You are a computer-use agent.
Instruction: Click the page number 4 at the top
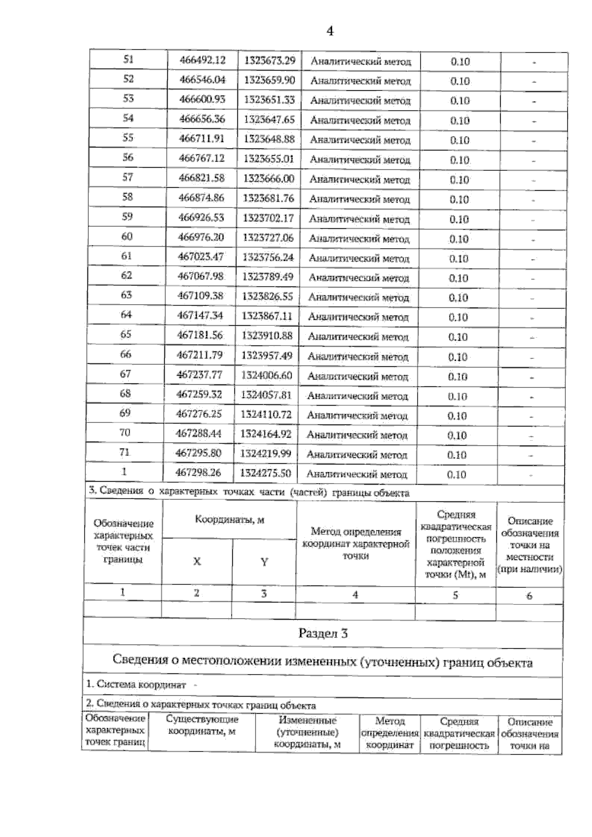pos(330,31)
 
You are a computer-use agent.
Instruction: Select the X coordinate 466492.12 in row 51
pos(202,60)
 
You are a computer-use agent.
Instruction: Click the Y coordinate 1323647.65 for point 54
pos(269,119)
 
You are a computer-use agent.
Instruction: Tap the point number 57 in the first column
pos(127,177)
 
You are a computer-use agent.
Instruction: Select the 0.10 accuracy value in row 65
pos(458,337)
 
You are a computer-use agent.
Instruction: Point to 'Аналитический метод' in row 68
pos(358,396)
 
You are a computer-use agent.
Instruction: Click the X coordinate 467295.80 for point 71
pos(198,453)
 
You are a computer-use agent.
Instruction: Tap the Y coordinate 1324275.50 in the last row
pos(265,473)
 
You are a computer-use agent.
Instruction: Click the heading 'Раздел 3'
pos(323,633)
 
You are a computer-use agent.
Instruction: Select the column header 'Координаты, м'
pos(229,520)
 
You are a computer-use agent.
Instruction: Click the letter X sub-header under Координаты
pos(197,561)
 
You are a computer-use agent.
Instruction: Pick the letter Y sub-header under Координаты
pos(264,562)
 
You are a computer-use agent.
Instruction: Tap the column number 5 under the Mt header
pos(455,595)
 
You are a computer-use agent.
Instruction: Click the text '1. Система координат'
pos(136,685)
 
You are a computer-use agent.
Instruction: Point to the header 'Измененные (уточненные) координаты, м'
pos(307,732)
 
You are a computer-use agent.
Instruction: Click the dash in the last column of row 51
pos(534,63)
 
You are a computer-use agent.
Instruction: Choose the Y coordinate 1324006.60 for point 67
pos(267,375)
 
